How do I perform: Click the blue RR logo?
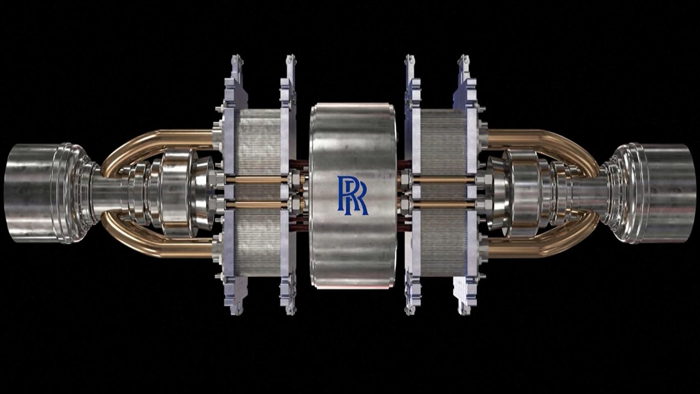(352, 196)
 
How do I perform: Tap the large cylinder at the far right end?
(669, 193)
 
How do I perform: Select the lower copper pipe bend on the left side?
(135, 242)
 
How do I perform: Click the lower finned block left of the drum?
(256, 246)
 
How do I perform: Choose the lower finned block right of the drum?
(443, 246)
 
